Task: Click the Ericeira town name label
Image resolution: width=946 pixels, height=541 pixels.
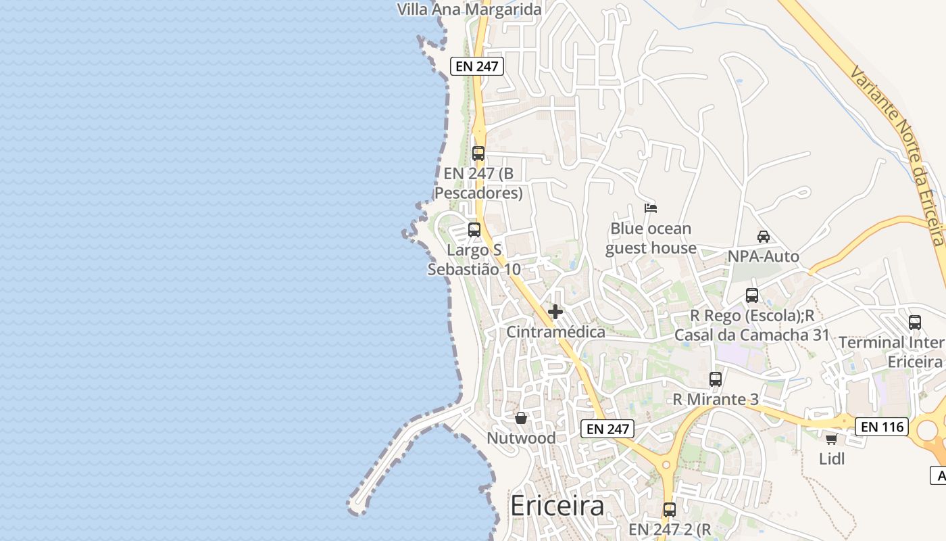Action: click(557, 506)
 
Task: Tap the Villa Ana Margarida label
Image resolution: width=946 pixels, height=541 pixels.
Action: click(470, 9)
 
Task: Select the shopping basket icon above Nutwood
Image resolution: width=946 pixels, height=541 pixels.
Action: click(521, 418)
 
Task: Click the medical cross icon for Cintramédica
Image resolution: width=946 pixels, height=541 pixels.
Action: click(555, 312)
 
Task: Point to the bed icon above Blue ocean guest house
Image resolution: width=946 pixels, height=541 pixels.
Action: click(651, 208)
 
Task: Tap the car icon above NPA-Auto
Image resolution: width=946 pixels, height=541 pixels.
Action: click(764, 236)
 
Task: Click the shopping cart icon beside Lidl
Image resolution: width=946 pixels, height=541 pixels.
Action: click(831, 440)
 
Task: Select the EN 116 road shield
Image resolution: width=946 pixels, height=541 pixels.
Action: click(882, 427)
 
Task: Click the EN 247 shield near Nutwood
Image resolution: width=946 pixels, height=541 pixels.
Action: click(607, 428)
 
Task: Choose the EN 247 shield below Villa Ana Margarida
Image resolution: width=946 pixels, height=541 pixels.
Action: click(478, 66)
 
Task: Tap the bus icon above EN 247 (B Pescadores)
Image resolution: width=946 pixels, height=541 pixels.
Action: click(478, 153)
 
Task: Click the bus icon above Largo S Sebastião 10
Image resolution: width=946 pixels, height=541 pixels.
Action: click(474, 229)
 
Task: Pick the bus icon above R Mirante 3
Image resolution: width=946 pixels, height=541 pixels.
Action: click(716, 379)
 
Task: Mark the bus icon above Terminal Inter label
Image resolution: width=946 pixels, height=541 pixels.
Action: click(915, 323)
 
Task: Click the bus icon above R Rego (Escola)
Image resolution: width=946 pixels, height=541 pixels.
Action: click(752, 296)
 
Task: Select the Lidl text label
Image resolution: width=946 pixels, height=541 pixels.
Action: click(832, 458)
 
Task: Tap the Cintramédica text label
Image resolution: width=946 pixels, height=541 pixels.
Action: click(556, 332)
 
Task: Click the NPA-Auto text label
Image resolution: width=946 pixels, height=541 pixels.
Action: click(764, 256)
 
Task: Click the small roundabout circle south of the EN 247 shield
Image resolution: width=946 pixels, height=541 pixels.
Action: click(666, 465)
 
